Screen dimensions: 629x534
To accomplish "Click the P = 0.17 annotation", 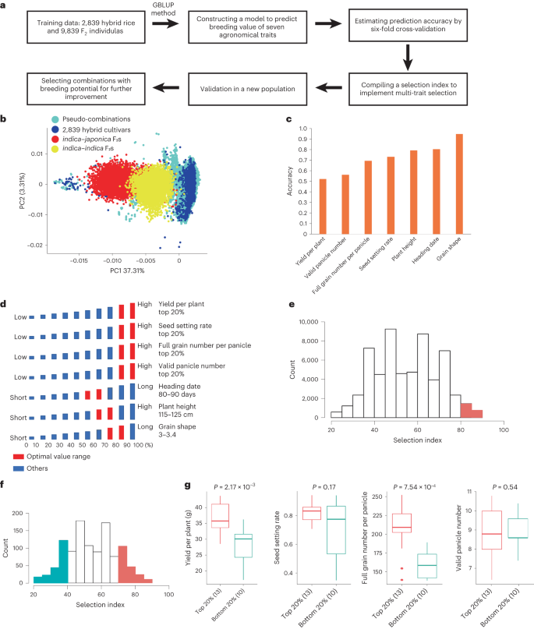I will [322, 488].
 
